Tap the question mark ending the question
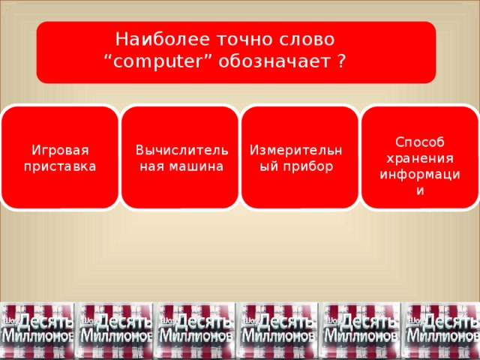tap(342, 61)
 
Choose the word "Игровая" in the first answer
tap(59, 149)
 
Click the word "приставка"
tap(59, 165)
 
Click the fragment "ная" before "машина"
tap(154, 165)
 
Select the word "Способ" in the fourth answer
tap(420, 142)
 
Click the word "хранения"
tap(420, 158)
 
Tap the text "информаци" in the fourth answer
tap(420, 174)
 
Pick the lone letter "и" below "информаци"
tap(420, 190)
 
